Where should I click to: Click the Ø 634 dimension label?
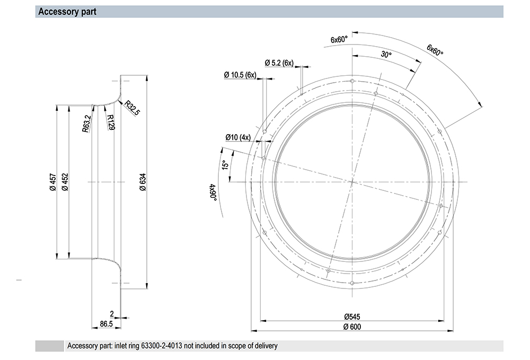point(143,182)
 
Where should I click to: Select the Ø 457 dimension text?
point(53,182)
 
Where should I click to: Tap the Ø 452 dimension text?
point(65,182)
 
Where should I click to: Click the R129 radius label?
point(111,122)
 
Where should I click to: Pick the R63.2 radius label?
point(86,124)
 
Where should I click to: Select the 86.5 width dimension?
point(106,324)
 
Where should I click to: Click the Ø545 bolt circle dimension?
point(352,317)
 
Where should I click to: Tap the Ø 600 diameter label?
point(352,327)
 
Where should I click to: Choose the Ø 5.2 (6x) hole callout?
point(279,63)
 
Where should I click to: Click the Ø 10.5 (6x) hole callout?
point(240,75)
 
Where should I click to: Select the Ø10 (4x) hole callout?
point(238,137)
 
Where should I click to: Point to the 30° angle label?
point(386,54)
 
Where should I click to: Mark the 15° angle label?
point(225,164)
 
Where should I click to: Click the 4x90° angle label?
point(213,192)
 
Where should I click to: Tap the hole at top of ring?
point(352,81)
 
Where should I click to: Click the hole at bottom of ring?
point(352,283)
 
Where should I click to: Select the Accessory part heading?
point(67,12)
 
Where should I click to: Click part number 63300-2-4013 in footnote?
point(161,346)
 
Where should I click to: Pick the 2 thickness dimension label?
point(112,314)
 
